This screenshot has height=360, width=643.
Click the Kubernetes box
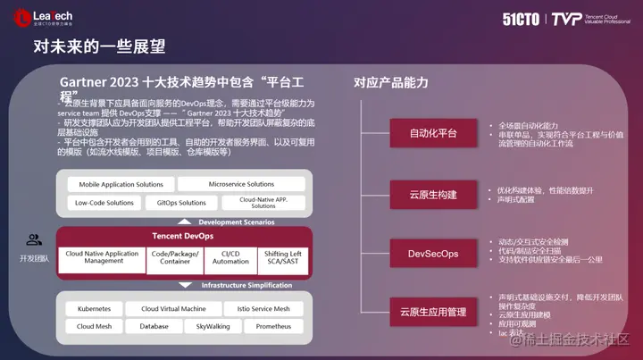94,308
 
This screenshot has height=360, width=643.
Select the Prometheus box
273,326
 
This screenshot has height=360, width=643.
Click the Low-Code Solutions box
104,203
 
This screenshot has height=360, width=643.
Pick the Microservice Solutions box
241,185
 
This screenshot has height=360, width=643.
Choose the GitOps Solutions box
181,203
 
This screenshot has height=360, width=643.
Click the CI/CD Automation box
230,257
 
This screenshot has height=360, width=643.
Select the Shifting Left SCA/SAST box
283,257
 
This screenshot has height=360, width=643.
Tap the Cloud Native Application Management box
103,257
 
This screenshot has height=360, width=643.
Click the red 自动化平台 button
433,133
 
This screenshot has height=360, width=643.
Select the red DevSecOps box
433,254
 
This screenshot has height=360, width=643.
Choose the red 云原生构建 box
433,194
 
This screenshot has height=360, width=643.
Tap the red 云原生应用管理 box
433,312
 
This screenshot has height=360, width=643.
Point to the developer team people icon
34,239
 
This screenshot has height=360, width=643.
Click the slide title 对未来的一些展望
99,46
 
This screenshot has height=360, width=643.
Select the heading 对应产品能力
390,83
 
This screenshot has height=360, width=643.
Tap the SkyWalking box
213,326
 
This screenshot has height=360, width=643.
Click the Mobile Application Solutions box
121,185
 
